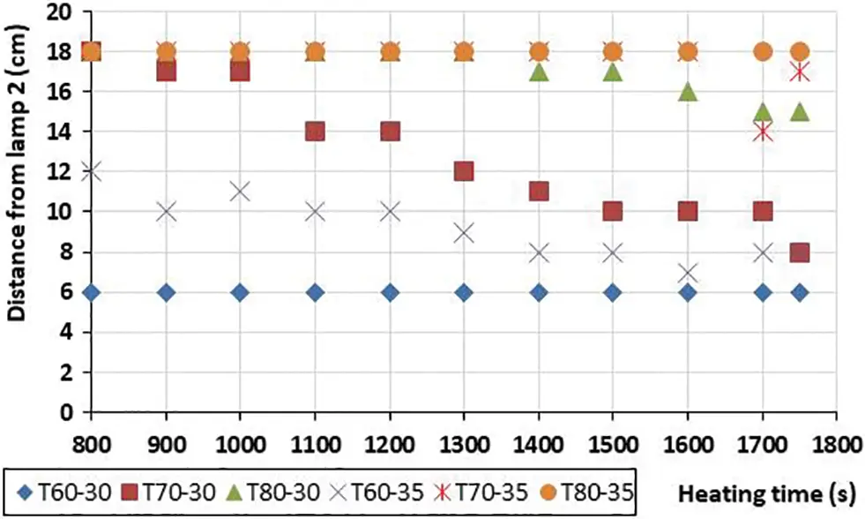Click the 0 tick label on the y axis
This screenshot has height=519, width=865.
tap(66, 412)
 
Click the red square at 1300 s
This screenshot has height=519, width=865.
tap(464, 171)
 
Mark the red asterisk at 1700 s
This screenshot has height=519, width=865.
tap(763, 132)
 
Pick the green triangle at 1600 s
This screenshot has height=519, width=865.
tap(688, 91)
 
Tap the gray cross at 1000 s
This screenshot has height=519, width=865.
tap(240, 191)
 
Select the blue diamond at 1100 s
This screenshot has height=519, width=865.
tap(315, 292)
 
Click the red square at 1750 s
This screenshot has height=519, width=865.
tap(800, 252)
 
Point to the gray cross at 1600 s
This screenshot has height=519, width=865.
tap(688, 272)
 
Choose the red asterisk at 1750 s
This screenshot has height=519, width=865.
tap(800, 71)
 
